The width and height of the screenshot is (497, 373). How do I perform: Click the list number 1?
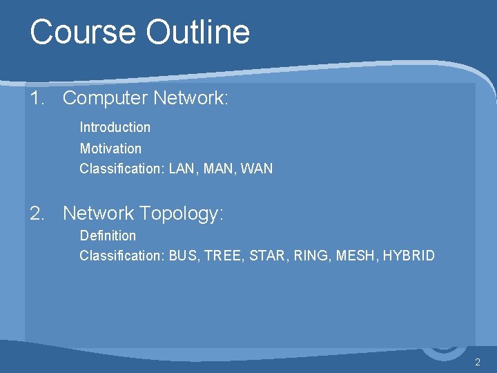click(x=36, y=99)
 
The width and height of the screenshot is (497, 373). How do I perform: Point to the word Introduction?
click(x=115, y=127)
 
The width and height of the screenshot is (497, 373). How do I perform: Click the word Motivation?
click(x=110, y=149)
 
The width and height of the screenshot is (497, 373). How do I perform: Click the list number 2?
click(x=37, y=214)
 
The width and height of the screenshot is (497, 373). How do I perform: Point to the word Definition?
click(x=108, y=236)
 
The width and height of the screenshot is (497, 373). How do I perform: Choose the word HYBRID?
click(x=409, y=256)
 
